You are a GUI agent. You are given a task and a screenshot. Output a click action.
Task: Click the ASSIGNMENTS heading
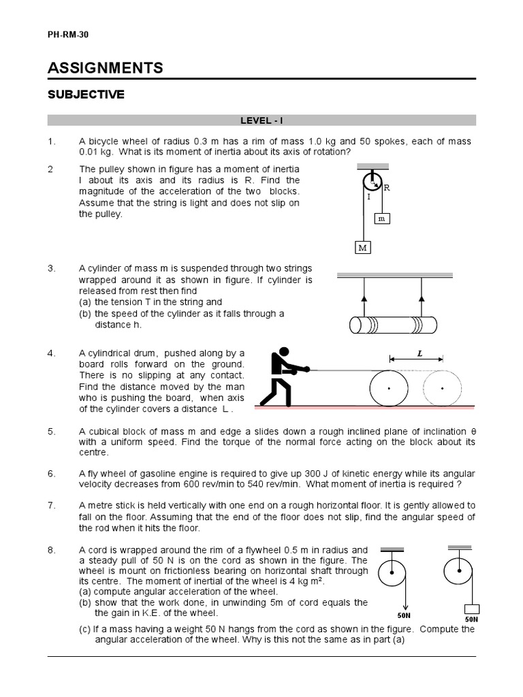(x=105, y=67)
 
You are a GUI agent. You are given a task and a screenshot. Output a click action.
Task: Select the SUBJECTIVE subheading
(x=86, y=95)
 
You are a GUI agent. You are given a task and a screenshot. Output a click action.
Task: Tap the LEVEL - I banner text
(x=261, y=121)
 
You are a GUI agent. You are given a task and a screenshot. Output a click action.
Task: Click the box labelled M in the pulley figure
(x=363, y=248)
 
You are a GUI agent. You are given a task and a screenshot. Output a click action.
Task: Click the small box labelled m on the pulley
(x=382, y=218)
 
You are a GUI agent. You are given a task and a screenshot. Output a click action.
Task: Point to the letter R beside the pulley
(x=387, y=188)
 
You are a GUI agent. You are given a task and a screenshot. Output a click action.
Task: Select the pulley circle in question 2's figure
(x=372, y=182)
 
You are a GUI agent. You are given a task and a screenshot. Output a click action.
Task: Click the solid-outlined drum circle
(x=389, y=389)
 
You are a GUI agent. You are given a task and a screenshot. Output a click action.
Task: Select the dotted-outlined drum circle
(x=443, y=389)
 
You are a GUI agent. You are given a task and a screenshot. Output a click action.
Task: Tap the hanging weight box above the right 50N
(x=471, y=609)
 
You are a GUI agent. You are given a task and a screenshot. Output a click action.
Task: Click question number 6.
(x=50, y=473)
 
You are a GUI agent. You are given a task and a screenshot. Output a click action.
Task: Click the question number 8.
(x=50, y=550)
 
